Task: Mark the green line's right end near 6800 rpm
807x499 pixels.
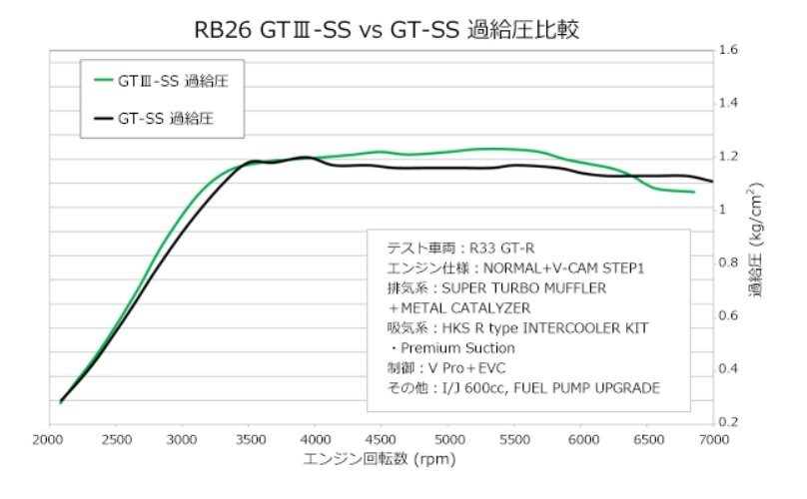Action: [694, 192]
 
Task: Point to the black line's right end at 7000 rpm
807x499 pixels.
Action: [712, 182]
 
